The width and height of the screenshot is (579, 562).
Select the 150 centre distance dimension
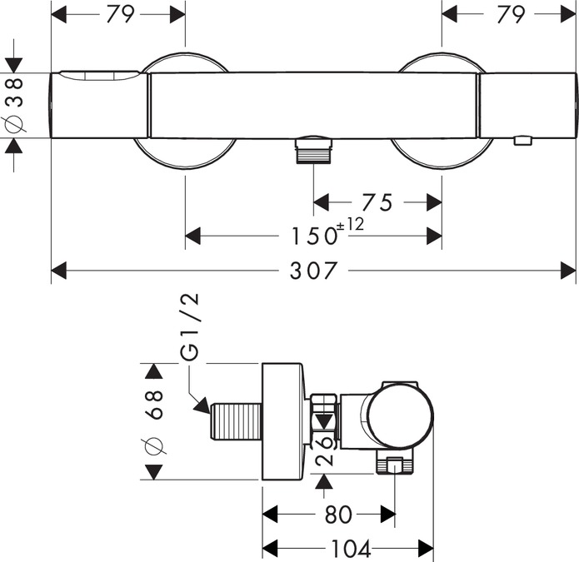click(x=305, y=236)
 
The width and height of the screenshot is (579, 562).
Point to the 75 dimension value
click(x=376, y=202)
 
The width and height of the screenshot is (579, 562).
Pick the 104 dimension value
click(x=349, y=549)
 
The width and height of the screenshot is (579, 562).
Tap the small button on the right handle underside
click(x=522, y=140)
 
